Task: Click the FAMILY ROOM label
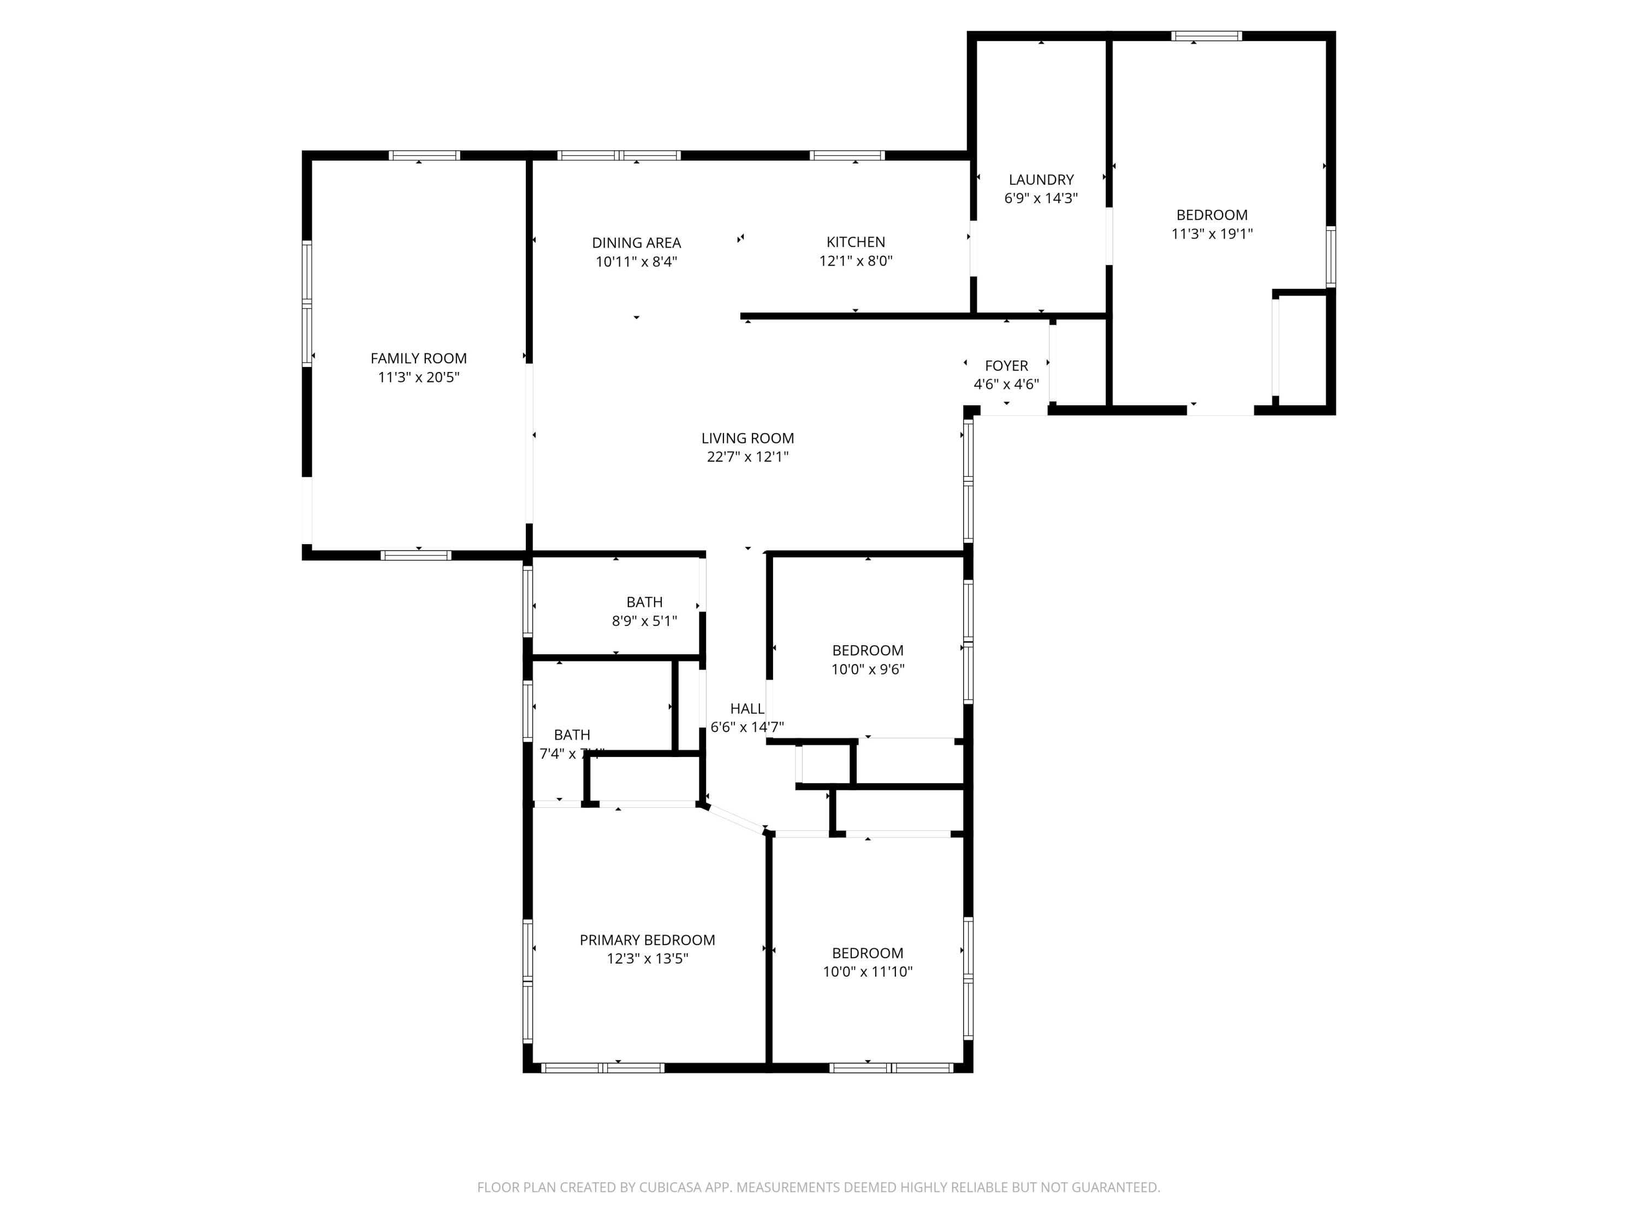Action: pyautogui.click(x=418, y=358)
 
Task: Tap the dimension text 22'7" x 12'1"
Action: pyautogui.click(x=747, y=457)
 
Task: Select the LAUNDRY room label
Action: pyautogui.click(x=1041, y=180)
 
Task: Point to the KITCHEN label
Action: pyautogui.click(x=855, y=242)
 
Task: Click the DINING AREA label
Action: pyautogui.click(x=636, y=243)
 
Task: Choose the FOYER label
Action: pyautogui.click(x=1006, y=366)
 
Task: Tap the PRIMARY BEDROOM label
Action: pyautogui.click(x=646, y=940)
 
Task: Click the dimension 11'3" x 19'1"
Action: pyautogui.click(x=1212, y=234)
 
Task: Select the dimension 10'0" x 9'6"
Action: pyautogui.click(x=867, y=670)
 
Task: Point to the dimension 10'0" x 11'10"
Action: pyautogui.click(x=867, y=972)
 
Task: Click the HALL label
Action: pyautogui.click(x=746, y=709)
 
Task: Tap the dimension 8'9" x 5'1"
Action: pyautogui.click(x=644, y=622)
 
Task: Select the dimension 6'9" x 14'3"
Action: pyautogui.click(x=1041, y=198)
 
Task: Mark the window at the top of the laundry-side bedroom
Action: pyautogui.click(x=1206, y=36)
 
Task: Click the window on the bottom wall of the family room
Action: pyautogui.click(x=416, y=555)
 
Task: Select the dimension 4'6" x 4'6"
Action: pyautogui.click(x=1006, y=385)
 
